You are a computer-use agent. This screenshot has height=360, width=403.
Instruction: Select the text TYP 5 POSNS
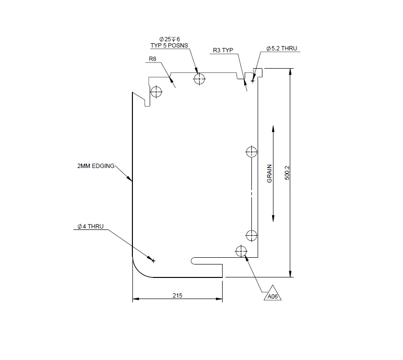point(169,46)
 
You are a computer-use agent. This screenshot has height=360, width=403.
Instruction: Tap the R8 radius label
point(153,59)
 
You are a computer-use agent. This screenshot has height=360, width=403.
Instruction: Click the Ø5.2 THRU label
point(282,49)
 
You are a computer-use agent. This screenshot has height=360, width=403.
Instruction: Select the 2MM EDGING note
point(96,166)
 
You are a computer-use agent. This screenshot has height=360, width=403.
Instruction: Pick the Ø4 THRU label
point(90,227)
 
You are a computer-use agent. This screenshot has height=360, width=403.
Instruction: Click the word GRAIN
point(270,174)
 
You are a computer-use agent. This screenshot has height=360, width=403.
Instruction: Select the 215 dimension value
point(177,296)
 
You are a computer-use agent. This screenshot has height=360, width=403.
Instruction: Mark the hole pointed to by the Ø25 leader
point(199,79)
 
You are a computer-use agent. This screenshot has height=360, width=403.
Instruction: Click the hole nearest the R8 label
point(156,91)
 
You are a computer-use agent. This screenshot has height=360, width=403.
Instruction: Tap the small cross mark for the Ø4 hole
point(154,261)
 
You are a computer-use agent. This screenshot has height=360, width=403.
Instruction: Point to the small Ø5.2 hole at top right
point(253,81)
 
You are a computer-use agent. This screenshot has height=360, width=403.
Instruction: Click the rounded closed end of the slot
point(193,261)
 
